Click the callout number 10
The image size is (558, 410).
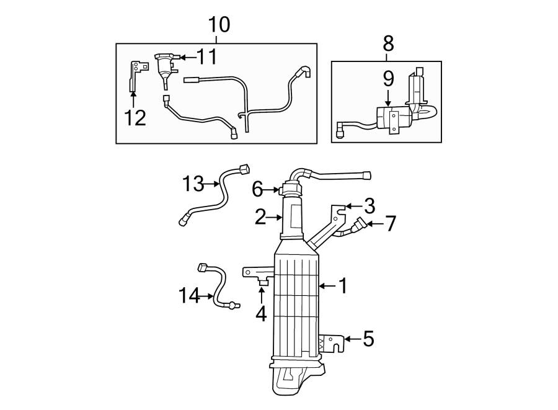[219, 25]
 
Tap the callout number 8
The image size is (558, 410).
[388, 43]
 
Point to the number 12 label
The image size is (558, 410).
[135, 117]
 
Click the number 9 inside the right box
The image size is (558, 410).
[388, 79]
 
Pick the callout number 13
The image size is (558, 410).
[193, 184]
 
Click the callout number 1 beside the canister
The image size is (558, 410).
[342, 286]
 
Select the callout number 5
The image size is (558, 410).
[368, 339]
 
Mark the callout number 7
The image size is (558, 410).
[390, 223]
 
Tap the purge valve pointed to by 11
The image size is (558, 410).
[164, 66]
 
